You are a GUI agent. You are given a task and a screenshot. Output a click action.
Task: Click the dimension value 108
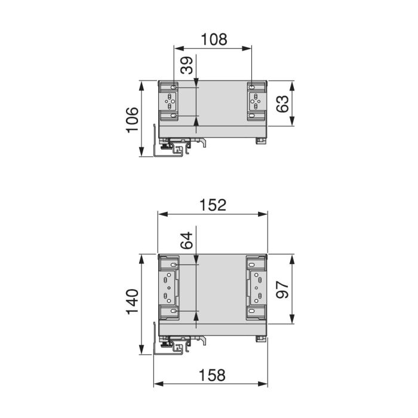click(x=213, y=39)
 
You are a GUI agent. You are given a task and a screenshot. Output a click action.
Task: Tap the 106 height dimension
click(x=132, y=118)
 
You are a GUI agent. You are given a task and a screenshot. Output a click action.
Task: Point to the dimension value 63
click(x=283, y=103)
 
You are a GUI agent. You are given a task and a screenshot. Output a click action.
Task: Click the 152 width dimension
click(x=213, y=205)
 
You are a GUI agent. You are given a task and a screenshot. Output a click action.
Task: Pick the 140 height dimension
click(x=132, y=304)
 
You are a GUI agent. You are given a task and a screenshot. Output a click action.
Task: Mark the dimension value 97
click(x=283, y=290)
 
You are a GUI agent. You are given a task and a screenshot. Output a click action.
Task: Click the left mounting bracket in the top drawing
click(x=169, y=102)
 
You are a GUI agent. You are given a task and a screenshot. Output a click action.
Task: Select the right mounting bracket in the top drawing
click(x=256, y=102)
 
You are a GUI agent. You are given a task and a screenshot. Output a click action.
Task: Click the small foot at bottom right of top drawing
click(x=260, y=141)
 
